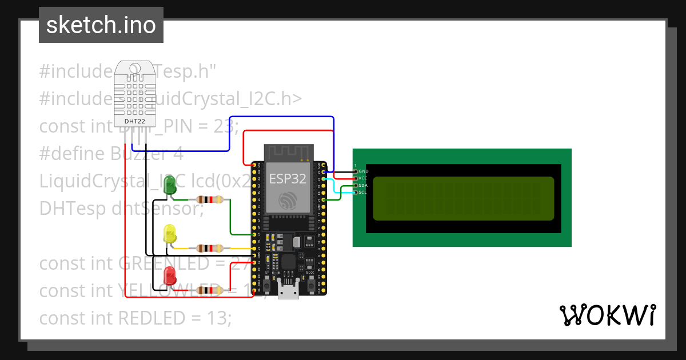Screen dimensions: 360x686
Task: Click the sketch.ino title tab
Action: (101, 25)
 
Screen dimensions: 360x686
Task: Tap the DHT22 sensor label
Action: (135, 121)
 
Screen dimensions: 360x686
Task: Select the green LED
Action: (170, 185)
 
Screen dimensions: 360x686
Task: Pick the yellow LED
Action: (170, 234)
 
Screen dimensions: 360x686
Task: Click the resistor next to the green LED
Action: (210, 199)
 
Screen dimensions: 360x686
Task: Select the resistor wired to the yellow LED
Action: (210, 248)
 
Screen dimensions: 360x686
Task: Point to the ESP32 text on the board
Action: (288, 178)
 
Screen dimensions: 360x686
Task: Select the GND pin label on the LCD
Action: (364, 171)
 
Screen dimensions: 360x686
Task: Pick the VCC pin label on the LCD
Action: (363, 178)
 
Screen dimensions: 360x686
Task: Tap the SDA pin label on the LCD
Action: (363, 185)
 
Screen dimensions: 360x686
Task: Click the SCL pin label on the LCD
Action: (362, 193)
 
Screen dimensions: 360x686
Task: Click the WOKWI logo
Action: (607, 315)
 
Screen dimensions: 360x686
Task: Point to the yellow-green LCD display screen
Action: (463, 199)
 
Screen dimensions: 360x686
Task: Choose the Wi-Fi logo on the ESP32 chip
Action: (288, 200)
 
